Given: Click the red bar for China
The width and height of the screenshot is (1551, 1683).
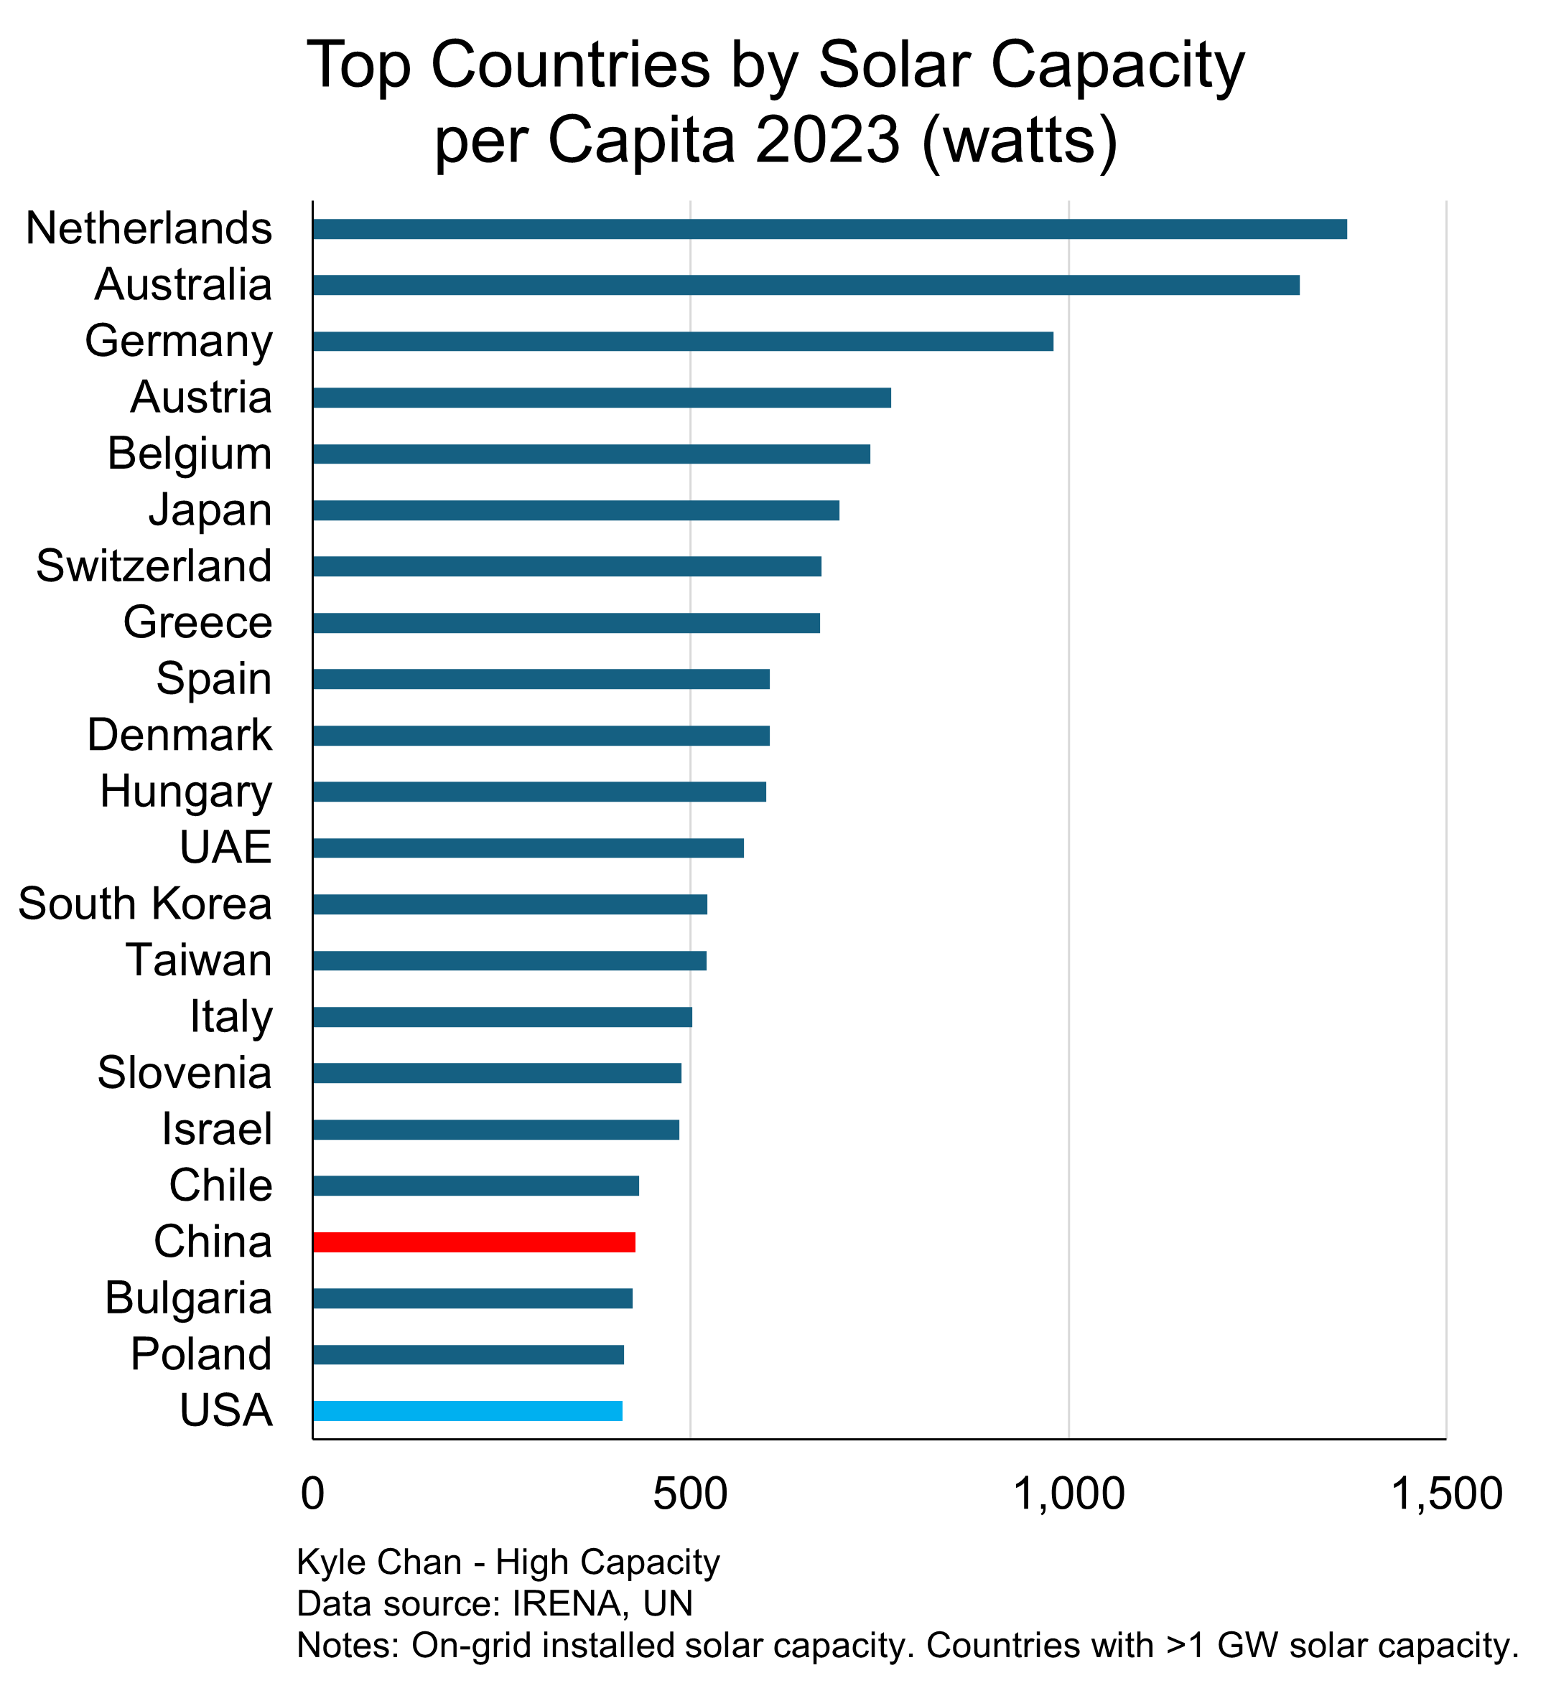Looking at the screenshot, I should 473,1242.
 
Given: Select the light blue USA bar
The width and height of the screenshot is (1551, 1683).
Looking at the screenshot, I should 467,1411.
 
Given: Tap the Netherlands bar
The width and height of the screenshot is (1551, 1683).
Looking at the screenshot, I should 829,229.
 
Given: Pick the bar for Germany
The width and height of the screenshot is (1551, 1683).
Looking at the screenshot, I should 682,342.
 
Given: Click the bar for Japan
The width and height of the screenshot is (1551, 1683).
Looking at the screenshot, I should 576,510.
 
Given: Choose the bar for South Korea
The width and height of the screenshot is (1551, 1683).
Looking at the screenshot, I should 509,904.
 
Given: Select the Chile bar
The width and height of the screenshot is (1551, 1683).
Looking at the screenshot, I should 476,1186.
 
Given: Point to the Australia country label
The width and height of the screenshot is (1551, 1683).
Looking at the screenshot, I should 183,284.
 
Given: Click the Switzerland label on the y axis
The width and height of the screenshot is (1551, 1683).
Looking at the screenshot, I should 154,566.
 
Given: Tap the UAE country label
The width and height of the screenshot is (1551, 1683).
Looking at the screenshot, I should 225,848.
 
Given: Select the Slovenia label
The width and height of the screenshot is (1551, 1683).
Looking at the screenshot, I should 185,1073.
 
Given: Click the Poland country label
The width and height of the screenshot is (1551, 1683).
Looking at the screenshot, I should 202,1354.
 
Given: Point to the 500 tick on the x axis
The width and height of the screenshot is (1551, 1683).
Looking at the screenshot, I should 690,1494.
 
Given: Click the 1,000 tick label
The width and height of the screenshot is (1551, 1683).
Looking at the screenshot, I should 1068,1494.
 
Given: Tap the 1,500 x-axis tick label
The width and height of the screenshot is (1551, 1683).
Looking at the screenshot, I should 1446,1494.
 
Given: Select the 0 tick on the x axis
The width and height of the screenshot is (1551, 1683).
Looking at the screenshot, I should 312,1494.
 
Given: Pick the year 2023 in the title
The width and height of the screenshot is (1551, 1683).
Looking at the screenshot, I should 826,139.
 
